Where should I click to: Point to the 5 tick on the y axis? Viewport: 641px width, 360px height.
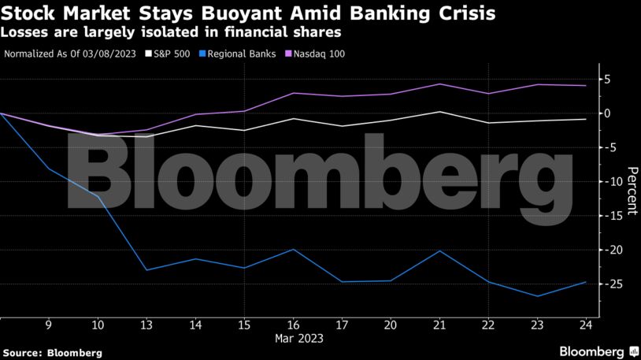coord(609,80)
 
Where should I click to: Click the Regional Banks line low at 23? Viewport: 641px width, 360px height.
coord(537,296)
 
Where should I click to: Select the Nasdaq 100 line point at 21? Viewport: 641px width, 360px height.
coord(439,84)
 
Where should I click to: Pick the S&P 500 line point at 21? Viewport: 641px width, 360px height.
coord(439,112)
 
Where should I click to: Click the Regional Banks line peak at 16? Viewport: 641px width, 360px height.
coord(293,249)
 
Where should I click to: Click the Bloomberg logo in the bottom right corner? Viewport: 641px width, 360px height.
coord(598,349)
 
